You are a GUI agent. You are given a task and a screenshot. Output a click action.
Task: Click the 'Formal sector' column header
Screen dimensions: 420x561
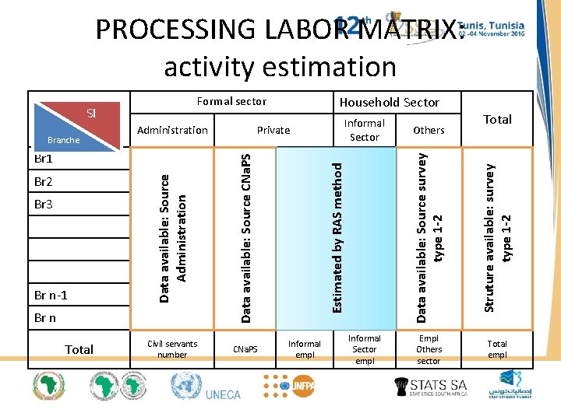pyautogui.click(x=231, y=101)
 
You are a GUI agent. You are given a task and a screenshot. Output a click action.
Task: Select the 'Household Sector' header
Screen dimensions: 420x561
pyautogui.click(x=390, y=102)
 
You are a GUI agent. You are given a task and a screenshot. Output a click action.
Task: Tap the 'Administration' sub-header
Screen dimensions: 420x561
pyautogui.click(x=172, y=130)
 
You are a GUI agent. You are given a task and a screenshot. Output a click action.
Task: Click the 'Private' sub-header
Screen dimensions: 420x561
pyautogui.click(x=273, y=130)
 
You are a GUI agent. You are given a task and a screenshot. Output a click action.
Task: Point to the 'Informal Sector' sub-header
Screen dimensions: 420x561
pyautogui.click(x=364, y=130)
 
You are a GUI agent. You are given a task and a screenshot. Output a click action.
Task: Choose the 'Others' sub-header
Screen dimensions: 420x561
pyautogui.click(x=429, y=130)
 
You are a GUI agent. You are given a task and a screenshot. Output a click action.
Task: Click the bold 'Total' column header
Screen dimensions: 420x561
pyautogui.click(x=497, y=119)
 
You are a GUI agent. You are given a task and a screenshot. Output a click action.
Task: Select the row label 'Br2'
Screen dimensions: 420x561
pyautogui.click(x=44, y=181)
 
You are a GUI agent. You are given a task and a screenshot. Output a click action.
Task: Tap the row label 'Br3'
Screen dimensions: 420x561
pyautogui.click(x=44, y=205)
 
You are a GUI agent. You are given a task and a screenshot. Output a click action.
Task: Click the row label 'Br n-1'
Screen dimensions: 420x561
pyautogui.click(x=51, y=296)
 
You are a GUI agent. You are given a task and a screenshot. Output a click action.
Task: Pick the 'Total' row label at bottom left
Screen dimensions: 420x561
pyautogui.click(x=79, y=349)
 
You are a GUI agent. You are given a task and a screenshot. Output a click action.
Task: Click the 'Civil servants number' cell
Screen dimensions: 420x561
pyautogui.click(x=172, y=349)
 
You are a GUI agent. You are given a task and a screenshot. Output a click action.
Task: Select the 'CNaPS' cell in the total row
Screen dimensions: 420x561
pyautogui.click(x=245, y=349)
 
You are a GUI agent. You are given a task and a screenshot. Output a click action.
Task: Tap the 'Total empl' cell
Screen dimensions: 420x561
pyautogui.click(x=497, y=349)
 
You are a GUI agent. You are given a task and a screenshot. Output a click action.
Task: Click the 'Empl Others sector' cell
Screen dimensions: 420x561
pyautogui.click(x=429, y=349)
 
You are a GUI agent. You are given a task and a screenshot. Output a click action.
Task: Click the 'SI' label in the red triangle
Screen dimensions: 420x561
pyautogui.click(x=90, y=113)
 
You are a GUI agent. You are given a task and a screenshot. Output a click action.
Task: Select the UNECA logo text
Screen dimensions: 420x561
pyautogui.click(x=223, y=394)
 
